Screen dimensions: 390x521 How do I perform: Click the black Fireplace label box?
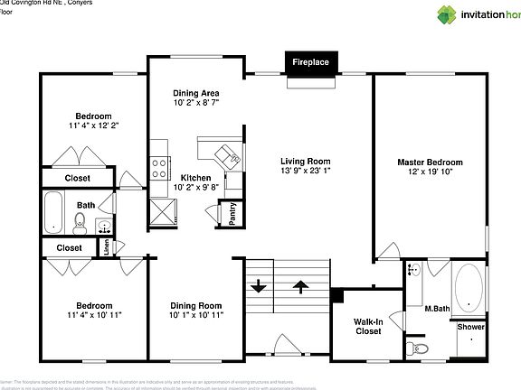point(310,62)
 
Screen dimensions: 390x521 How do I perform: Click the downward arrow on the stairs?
point(260,287)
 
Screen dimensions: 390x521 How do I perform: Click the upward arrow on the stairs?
point(300,287)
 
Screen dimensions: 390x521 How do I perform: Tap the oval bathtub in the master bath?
point(469,288)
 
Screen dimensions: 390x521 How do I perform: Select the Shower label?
point(470,327)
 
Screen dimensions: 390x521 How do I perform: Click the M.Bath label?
point(437,310)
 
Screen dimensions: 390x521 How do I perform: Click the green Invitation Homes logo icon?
point(447,14)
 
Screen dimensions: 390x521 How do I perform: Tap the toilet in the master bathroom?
point(415,348)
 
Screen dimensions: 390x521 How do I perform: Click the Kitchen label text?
point(196,177)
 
